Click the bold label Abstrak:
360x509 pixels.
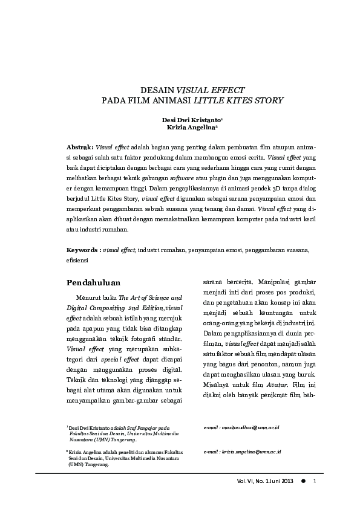tap(80, 147)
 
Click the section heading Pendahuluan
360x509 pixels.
tap(93, 282)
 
